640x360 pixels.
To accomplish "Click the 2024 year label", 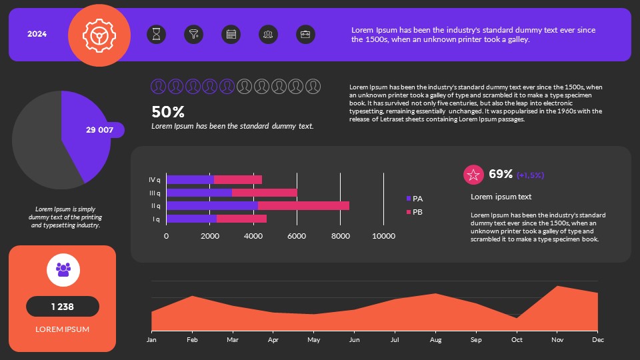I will (x=37, y=34).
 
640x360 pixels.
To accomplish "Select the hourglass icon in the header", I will (x=156, y=35).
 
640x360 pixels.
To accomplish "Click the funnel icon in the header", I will (x=194, y=35).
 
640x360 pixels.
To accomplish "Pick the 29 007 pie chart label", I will (x=99, y=130).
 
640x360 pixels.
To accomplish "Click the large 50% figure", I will (x=168, y=112).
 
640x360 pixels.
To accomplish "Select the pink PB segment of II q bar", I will (x=303, y=206).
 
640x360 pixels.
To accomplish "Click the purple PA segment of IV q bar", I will (x=190, y=179).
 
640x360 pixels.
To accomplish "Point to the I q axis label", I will (x=155, y=219).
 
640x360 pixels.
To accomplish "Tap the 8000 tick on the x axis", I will (x=340, y=236).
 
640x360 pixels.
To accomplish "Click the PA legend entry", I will (x=415, y=199).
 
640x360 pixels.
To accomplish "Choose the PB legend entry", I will (x=415, y=212).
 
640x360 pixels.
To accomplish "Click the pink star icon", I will (x=473, y=175).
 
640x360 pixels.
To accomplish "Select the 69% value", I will (x=501, y=175).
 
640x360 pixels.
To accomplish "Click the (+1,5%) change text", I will (x=531, y=175).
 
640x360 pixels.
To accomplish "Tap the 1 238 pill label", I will (x=63, y=307).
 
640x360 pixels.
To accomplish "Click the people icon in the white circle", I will (x=63, y=269).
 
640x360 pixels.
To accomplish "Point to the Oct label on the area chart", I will (x=517, y=340).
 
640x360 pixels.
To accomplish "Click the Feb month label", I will (x=192, y=340).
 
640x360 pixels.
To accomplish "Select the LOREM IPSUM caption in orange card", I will (x=63, y=329).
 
